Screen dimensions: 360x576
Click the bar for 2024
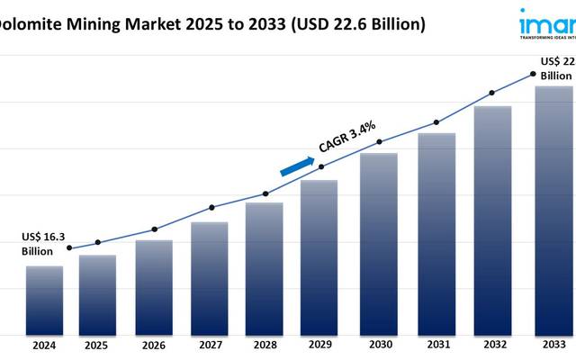click(x=44, y=300)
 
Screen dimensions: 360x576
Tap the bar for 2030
click(x=379, y=243)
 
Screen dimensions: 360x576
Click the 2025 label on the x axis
click(x=97, y=346)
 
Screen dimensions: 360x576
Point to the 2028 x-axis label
click(x=264, y=346)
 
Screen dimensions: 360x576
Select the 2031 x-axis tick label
click(x=436, y=346)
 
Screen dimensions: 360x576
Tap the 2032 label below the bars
click(x=492, y=346)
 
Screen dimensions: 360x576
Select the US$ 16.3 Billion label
click(x=44, y=243)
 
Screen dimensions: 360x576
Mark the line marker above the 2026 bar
click(x=154, y=229)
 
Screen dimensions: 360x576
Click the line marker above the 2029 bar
click(x=321, y=166)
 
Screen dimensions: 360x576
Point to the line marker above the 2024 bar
click(x=70, y=248)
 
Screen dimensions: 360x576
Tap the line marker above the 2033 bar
click(x=533, y=75)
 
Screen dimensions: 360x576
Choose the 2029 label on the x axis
click(x=319, y=346)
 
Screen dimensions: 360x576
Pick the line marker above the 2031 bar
click(x=436, y=122)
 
